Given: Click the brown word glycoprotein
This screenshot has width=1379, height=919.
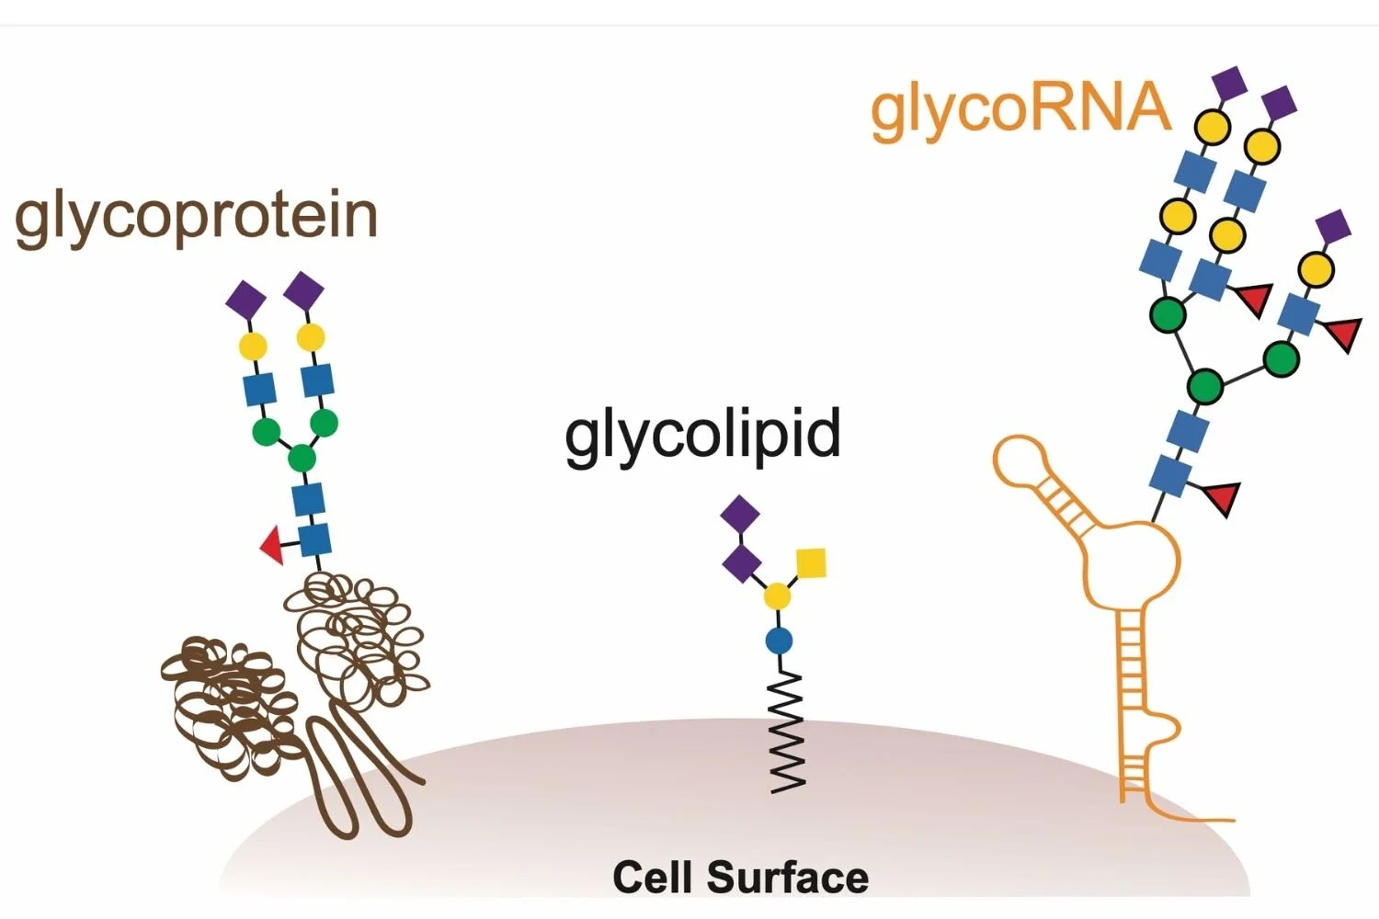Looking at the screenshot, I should pos(196,218).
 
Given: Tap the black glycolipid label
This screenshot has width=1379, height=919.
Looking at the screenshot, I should pos(702,435).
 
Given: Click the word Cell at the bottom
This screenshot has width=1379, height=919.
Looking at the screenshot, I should pos(652,877).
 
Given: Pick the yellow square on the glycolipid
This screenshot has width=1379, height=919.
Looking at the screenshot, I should pos(810,562).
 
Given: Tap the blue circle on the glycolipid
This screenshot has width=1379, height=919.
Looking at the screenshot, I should pos(779,641).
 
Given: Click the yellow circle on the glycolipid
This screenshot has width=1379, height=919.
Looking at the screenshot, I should pos(778,596).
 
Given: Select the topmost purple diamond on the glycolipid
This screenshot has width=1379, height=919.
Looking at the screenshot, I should pos(740,514).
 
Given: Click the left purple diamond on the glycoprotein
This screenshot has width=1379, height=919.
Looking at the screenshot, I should pos(245,300).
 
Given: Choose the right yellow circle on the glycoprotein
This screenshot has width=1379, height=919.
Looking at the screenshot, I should pos(311,337).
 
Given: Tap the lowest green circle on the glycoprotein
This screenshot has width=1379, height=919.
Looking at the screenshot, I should pos(302,457).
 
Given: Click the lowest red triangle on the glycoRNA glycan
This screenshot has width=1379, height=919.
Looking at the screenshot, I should pos(1222,496).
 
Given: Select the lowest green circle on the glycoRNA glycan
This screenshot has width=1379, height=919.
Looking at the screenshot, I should pos(1204,385).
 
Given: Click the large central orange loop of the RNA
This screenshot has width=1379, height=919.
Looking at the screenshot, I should pos(1132,561).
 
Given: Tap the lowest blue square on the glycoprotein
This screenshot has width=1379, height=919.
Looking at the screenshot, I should pos(314,539).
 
